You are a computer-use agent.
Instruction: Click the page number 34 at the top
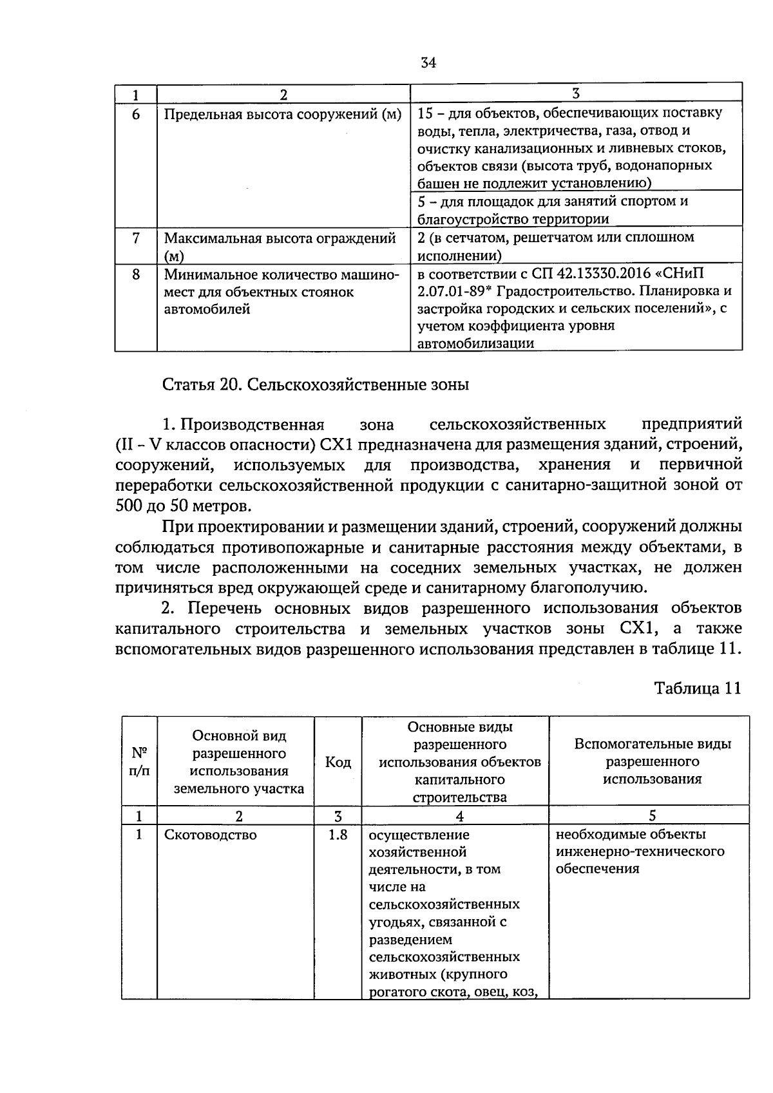coord(428,62)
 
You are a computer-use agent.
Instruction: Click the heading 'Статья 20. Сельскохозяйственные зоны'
coord(316,385)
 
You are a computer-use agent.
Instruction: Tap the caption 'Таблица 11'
coord(698,688)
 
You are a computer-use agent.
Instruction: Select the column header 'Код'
coord(338,763)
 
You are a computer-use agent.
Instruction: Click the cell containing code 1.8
coord(338,835)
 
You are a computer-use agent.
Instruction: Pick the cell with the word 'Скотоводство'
coord(211,835)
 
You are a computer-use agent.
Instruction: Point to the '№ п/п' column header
coord(139,762)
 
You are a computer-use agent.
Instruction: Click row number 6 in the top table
coord(136,114)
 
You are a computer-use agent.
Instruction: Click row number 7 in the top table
coord(136,238)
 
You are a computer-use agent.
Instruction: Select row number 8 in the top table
coord(136,274)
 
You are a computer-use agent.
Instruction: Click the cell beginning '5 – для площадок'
coord(553,209)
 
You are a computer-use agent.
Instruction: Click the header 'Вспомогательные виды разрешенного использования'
coord(652,761)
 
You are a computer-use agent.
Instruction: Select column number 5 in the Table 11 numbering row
coord(652,816)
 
